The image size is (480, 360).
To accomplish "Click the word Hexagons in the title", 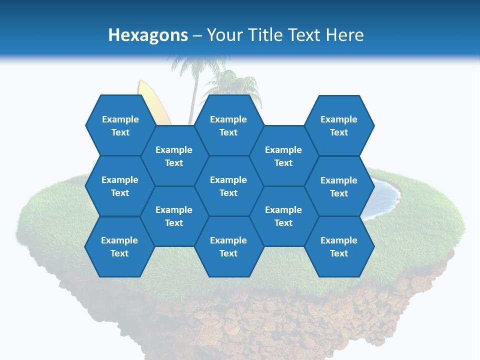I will coord(148,35).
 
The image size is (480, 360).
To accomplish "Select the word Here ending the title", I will coord(344,35).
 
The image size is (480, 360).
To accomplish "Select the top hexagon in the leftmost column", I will coord(120,125).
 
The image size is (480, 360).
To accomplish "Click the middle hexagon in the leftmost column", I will coord(120,186).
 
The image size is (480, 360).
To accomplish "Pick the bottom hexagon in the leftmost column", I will coord(119,246).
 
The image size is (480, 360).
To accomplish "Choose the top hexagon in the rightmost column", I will coord(339,125).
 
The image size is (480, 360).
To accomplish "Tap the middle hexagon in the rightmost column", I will coord(339,186).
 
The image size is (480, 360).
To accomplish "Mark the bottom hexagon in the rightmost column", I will coord(339,246).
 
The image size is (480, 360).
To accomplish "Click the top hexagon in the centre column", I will coord(228,125).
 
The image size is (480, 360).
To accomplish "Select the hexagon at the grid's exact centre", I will coord(228,186).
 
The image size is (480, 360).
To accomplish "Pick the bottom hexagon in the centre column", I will coord(228,246).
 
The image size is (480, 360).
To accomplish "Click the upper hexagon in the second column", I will coord(174,156).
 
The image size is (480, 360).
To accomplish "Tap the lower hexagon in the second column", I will coord(174,216).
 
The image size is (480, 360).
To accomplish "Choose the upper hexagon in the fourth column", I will coord(283,156).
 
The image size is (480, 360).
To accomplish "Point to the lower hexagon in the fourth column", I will coord(283,216).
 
